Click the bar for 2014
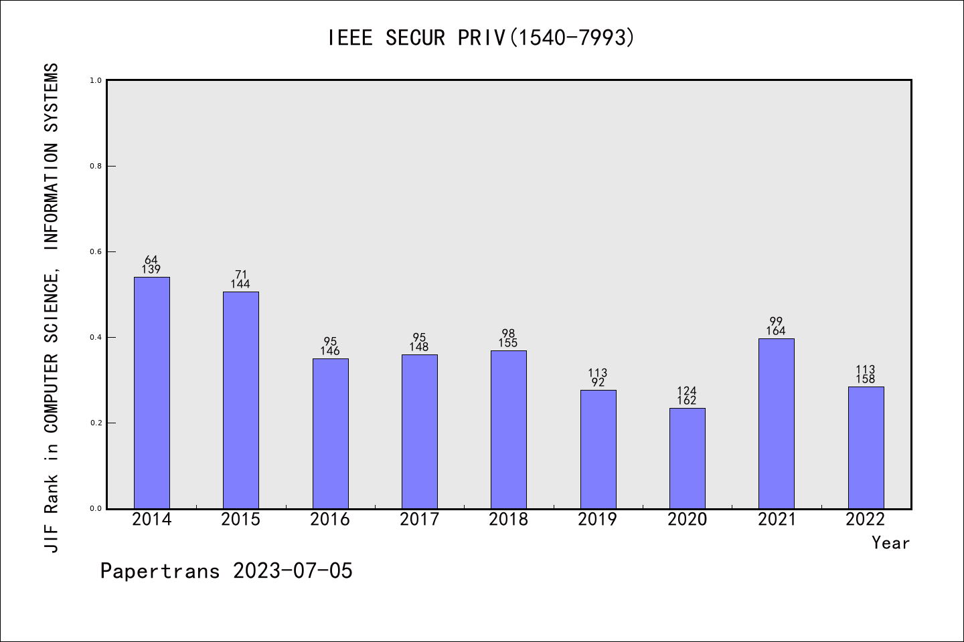point(152,393)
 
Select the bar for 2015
point(241,400)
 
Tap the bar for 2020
point(688,458)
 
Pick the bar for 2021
point(777,423)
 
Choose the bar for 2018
point(509,429)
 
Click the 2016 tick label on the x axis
point(330,520)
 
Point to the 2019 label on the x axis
point(598,520)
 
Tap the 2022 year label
point(866,520)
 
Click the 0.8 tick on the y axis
point(96,166)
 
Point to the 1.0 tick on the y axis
point(96,80)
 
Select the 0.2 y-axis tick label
point(96,423)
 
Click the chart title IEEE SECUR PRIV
point(481,38)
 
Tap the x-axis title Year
point(890,543)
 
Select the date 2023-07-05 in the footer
point(293,571)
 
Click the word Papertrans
point(160,571)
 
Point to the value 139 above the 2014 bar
point(151,270)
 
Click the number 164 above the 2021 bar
point(776,331)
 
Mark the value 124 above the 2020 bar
point(687,391)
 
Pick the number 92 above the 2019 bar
point(598,383)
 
